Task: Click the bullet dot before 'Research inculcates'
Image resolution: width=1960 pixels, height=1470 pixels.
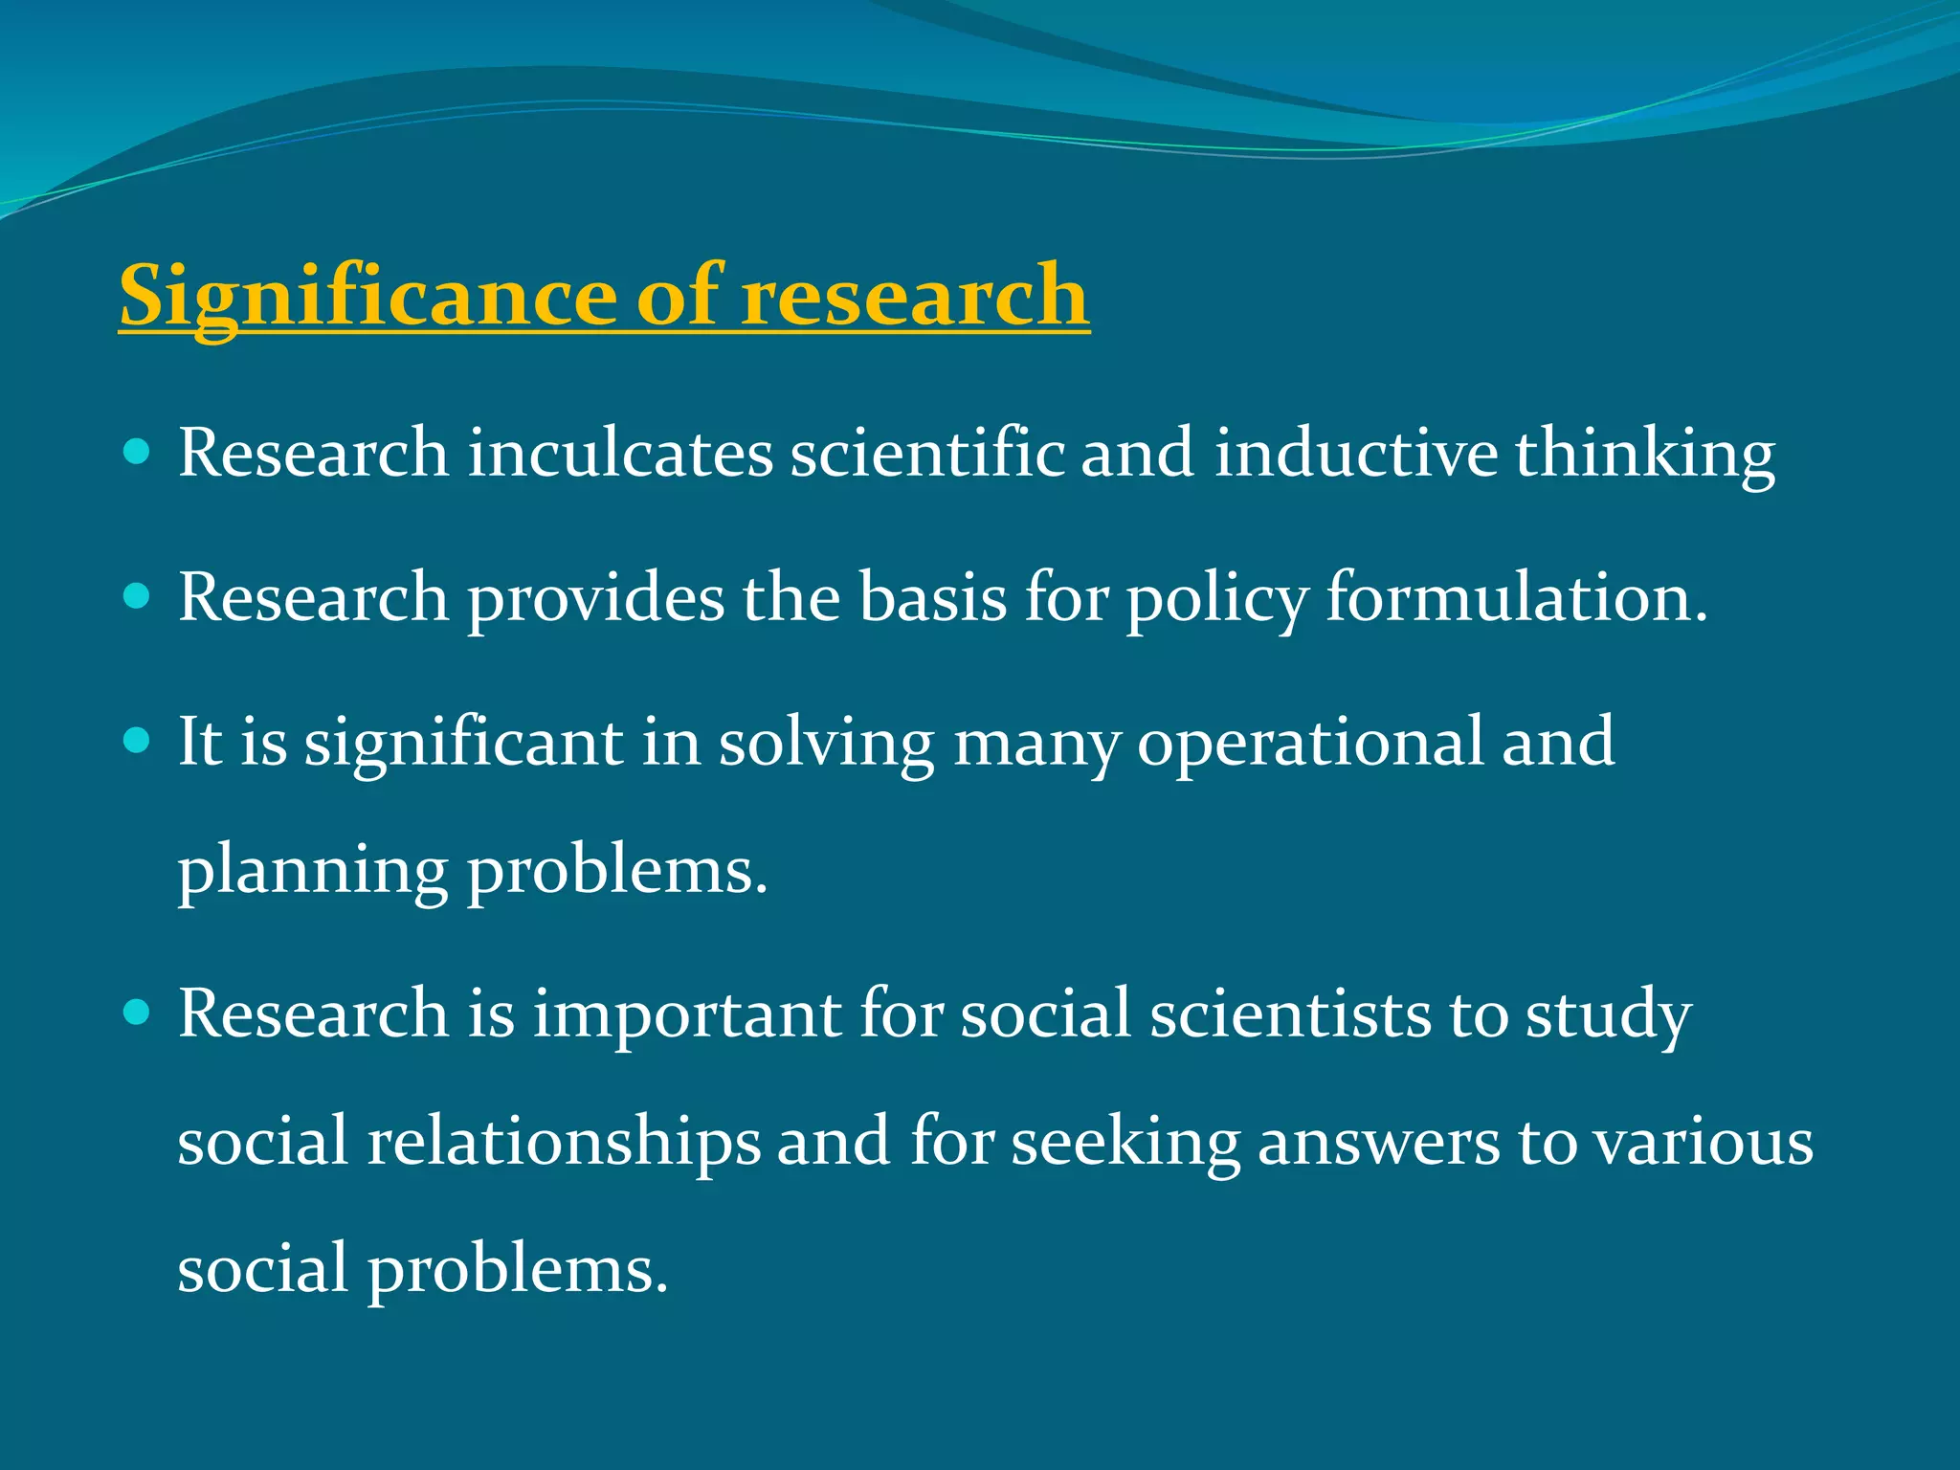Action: click(138, 452)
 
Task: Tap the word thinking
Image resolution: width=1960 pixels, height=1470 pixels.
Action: click(1645, 456)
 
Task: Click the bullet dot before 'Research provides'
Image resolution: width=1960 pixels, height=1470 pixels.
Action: click(138, 597)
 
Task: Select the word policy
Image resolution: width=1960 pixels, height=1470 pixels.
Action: click(1216, 599)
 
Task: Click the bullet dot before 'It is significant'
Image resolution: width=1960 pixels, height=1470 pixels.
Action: click(138, 741)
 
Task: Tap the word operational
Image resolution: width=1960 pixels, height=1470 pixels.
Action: click(1309, 745)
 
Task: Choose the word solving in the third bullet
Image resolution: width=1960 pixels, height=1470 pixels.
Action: click(826, 745)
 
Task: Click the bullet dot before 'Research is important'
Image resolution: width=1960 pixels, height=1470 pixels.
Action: click(138, 1013)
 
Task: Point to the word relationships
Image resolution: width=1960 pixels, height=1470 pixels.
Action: click(565, 1143)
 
